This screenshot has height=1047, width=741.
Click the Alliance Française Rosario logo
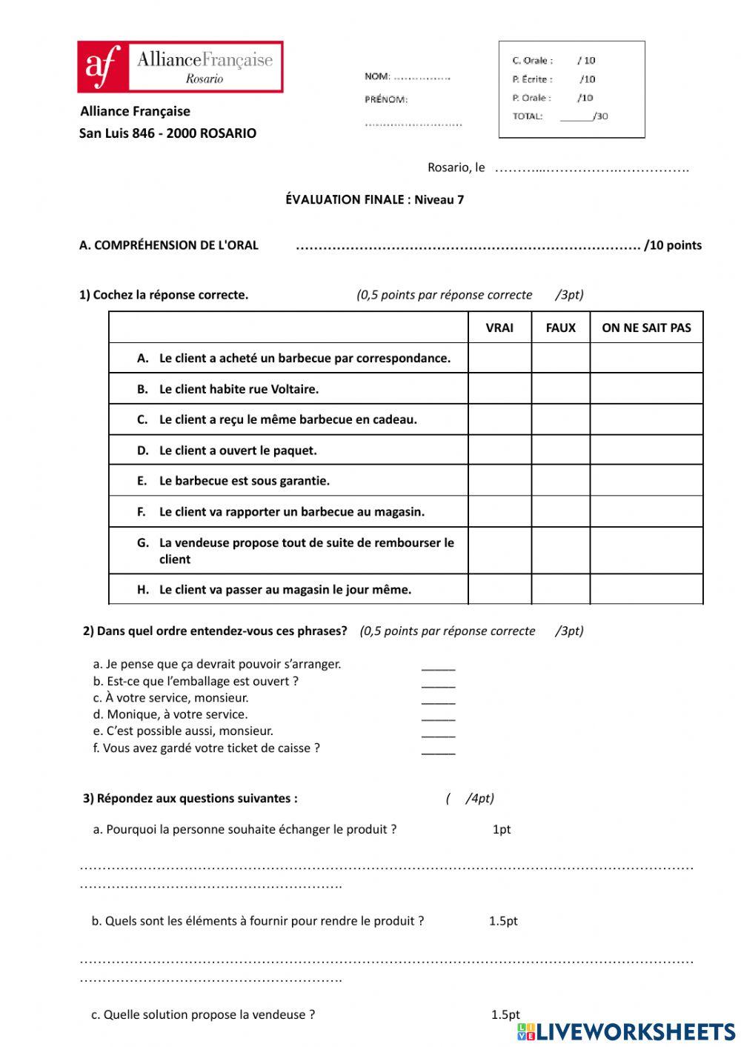pyautogui.click(x=180, y=67)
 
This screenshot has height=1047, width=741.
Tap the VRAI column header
pyautogui.click(x=499, y=328)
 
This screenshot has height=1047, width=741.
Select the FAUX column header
pyautogui.click(x=560, y=328)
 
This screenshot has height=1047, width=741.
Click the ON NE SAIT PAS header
pyautogui.click(x=646, y=328)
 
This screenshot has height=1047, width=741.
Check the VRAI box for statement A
pyautogui.click(x=499, y=358)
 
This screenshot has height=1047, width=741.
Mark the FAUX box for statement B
pyautogui.click(x=560, y=388)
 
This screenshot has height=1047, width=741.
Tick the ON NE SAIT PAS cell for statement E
pyautogui.click(x=646, y=480)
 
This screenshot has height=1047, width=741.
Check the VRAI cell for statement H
pyautogui.click(x=499, y=589)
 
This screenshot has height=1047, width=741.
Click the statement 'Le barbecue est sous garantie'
pyautogui.click(x=245, y=481)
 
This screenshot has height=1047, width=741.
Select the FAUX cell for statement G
pyautogui.click(x=560, y=551)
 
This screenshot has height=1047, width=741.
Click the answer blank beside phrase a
pyautogui.click(x=438, y=665)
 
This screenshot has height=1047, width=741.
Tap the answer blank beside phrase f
pyautogui.click(x=438, y=749)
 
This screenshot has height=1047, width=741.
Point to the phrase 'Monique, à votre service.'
pyautogui.click(x=177, y=714)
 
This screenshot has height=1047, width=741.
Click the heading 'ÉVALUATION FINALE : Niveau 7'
pyautogui.click(x=374, y=199)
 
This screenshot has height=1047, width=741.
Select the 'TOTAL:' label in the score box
pyautogui.click(x=528, y=116)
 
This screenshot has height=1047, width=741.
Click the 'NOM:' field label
pyautogui.click(x=377, y=76)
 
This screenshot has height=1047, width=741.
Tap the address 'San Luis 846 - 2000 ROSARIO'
pyautogui.click(x=167, y=133)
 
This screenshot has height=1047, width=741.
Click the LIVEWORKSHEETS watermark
pyautogui.click(x=626, y=1031)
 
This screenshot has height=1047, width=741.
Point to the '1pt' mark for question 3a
pyautogui.click(x=502, y=829)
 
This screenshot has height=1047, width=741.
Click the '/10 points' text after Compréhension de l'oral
pyautogui.click(x=673, y=245)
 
